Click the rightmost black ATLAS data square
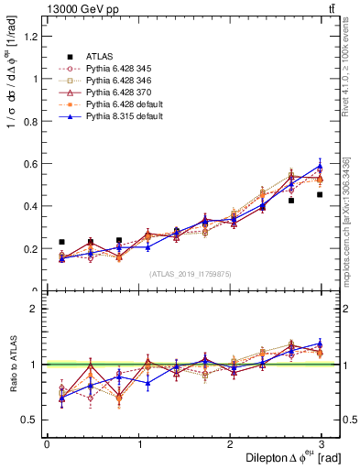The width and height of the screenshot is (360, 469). click(x=320, y=194)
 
